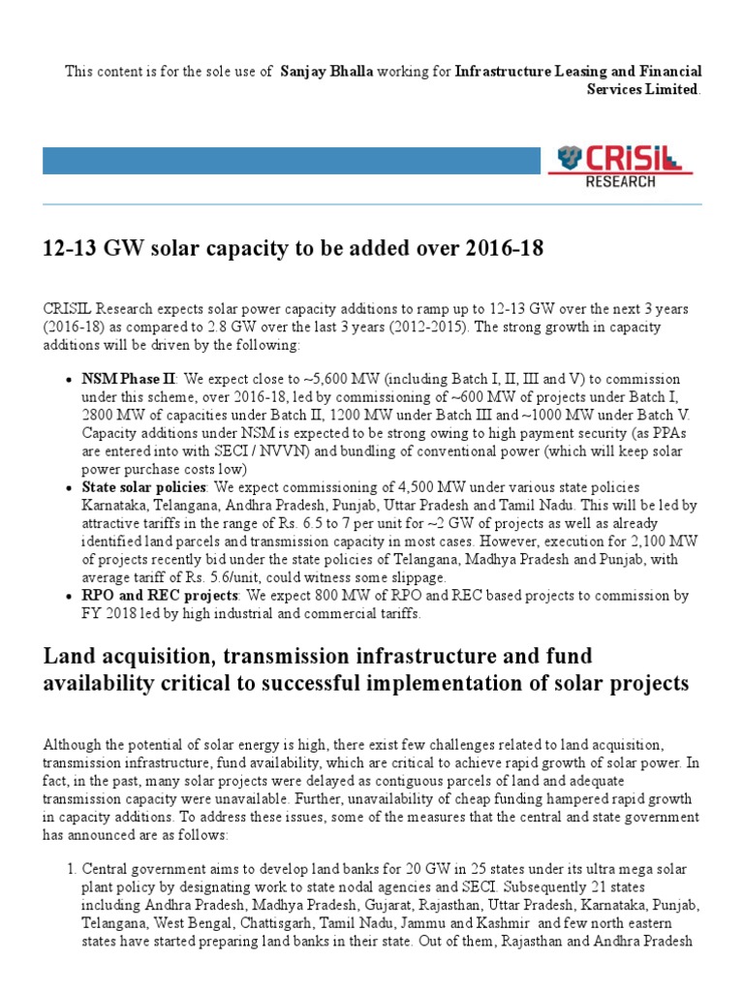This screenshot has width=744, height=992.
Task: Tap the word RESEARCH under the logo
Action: click(620, 181)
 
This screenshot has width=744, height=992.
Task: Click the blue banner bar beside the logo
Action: click(291, 160)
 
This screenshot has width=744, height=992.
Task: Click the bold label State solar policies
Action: click(143, 486)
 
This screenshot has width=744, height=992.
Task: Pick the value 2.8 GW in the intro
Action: click(231, 326)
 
